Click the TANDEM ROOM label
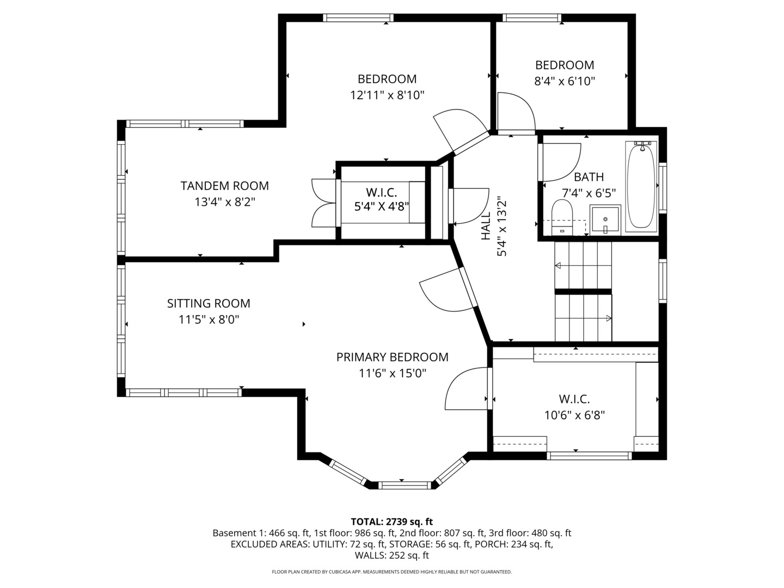click(224, 186)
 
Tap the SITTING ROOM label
click(209, 303)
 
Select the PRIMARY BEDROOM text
click(392, 357)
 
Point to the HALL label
click(486, 226)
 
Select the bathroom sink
click(605, 220)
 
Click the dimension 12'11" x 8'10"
click(387, 95)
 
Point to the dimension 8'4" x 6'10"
click(565, 82)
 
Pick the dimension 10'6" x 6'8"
click(574, 415)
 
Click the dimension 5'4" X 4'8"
click(382, 207)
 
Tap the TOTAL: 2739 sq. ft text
click(392, 522)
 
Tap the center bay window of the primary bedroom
click(405, 485)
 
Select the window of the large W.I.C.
click(589, 456)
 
